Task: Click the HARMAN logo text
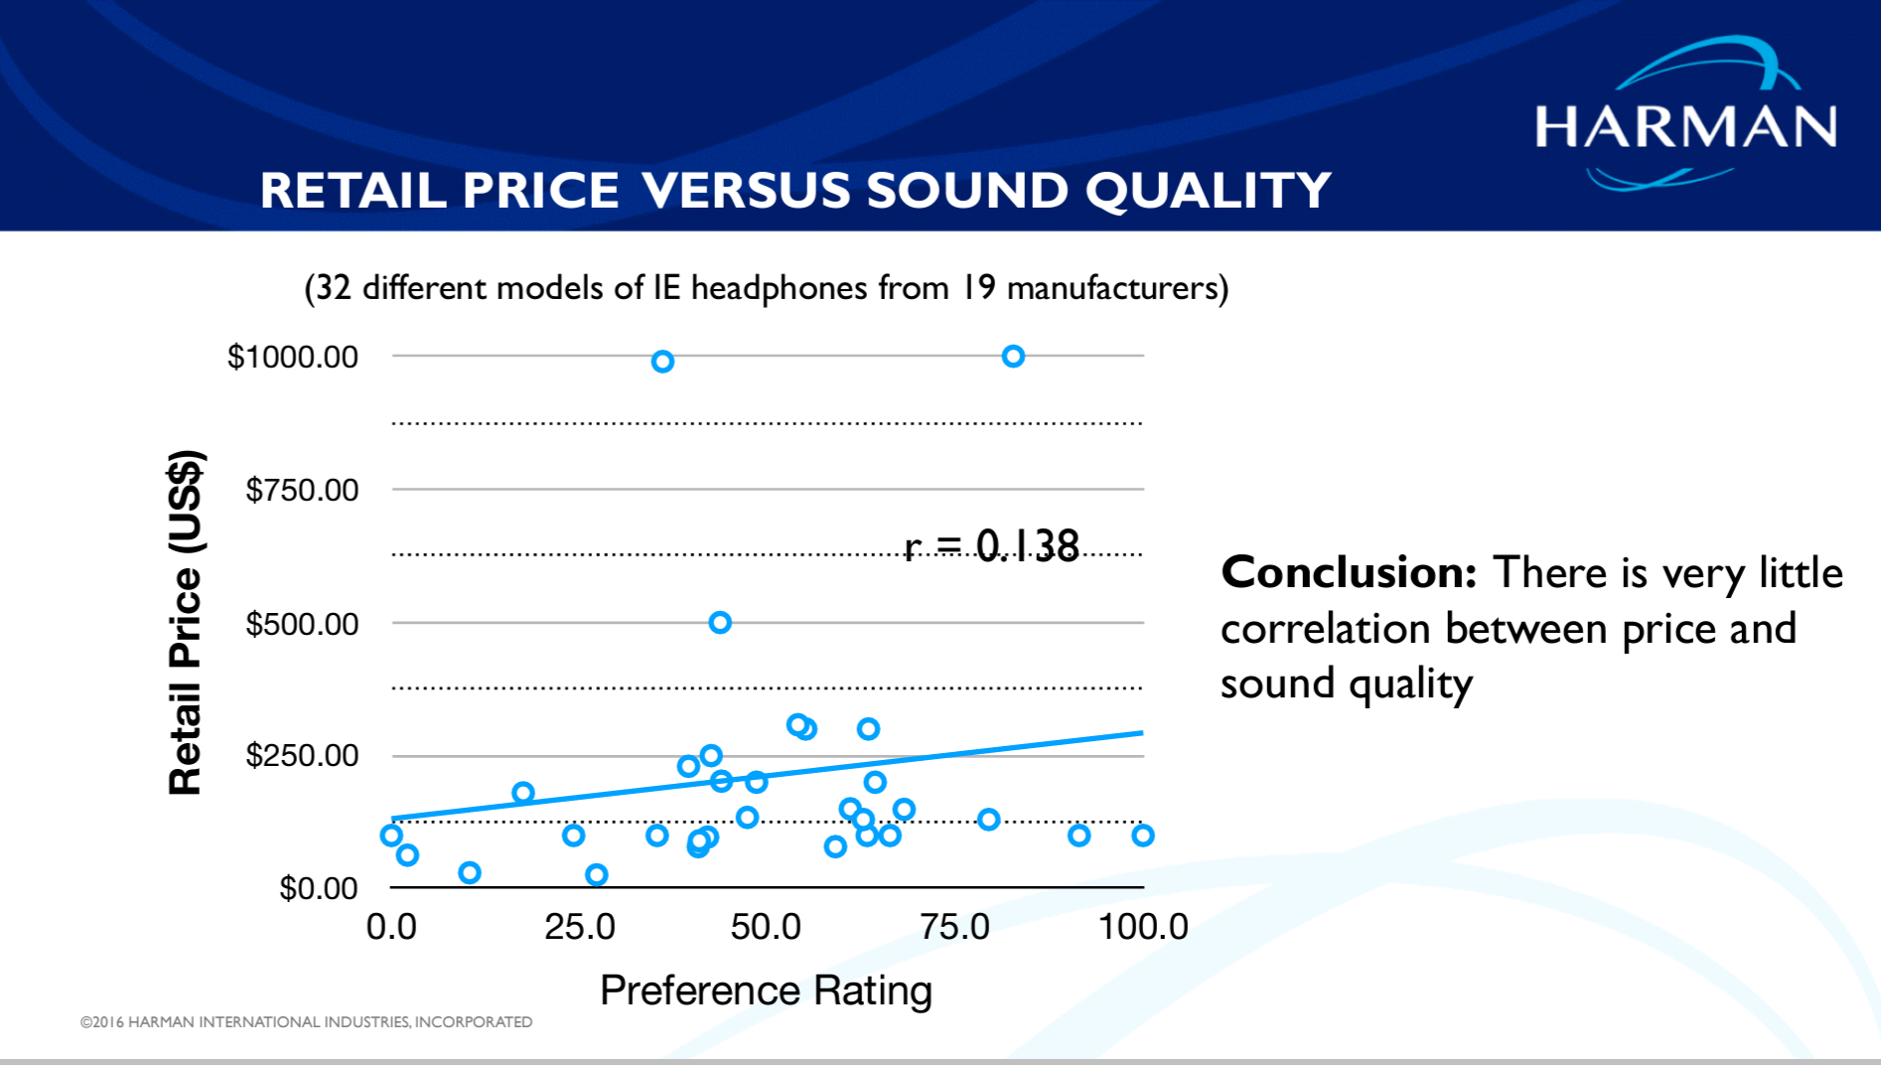click(x=1685, y=127)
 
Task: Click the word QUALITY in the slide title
click(x=1208, y=190)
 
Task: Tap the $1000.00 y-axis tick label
click(x=292, y=357)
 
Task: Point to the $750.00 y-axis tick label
click(x=301, y=490)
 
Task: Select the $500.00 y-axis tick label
click(x=301, y=624)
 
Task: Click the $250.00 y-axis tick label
click(x=301, y=755)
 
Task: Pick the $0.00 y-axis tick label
click(x=318, y=887)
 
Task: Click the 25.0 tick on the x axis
click(x=579, y=927)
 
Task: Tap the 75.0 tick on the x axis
click(x=954, y=927)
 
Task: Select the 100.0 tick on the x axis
click(x=1142, y=927)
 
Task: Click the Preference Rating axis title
click(x=766, y=990)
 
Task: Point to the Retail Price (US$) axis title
click(x=186, y=623)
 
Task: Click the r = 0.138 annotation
click(x=991, y=545)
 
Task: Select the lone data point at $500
click(x=720, y=623)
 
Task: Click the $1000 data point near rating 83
click(x=1013, y=356)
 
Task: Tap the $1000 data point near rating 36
click(x=662, y=362)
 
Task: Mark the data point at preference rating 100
click(x=1143, y=836)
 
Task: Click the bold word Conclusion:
click(x=1348, y=573)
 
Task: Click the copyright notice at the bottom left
click(x=306, y=1021)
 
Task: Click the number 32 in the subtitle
click(x=334, y=288)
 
